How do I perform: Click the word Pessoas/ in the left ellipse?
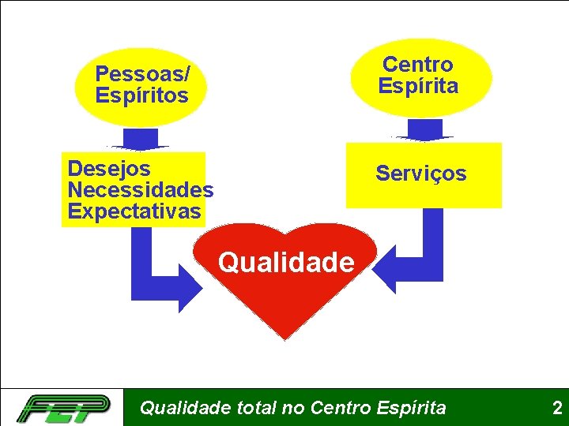(x=142, y=74)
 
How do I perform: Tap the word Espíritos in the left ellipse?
(x=141, y=96)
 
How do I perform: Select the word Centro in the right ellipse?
(x=417, y=64)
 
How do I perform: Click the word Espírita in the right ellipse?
(x=417, y=86)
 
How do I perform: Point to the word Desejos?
(x=109, y=168)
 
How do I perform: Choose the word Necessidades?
(x=140, y=190)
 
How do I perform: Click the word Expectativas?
(x=134, y=211)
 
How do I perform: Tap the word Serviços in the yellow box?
(x=420, y=174)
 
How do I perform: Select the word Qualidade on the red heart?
(x=286, y=261)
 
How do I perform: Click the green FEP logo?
(x=64, y=408)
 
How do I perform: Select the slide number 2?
(x=556, y=408)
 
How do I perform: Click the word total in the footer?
(x=257, y=408)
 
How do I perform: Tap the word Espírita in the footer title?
(x=411, y=408)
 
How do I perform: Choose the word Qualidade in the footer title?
(x=186, y=408)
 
